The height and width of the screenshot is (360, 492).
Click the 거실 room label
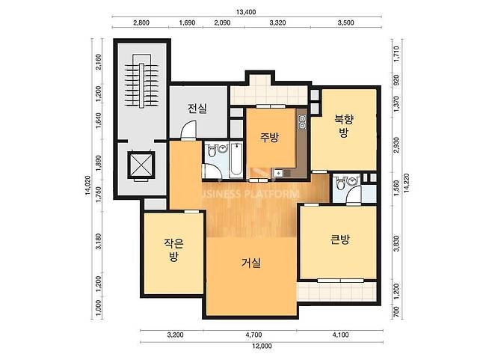coord(251,263)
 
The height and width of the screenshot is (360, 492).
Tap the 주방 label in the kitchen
coord(269,137)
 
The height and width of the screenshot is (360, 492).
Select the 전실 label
coord(197,109)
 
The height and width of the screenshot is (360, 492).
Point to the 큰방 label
coord(339,240)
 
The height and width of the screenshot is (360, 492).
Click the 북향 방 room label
coord(344,126)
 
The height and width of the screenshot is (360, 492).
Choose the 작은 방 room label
coord(173,250)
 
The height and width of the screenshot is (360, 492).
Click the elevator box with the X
coord(141,165)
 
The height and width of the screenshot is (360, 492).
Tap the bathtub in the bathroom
coord(236,159)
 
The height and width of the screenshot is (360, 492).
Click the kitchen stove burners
coord(303,122)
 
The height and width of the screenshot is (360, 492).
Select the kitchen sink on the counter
coord(278,173)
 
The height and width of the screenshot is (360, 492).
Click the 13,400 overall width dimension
coord(246,12)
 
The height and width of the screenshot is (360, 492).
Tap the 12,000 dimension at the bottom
coord(262,346)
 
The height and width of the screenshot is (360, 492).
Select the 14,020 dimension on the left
coord(88,186)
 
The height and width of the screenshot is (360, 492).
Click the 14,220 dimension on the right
coord(407,183)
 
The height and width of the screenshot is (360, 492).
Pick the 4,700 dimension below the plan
coord(253,335)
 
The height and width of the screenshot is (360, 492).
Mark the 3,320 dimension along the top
coord(277,22)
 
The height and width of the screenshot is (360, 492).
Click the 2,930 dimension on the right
coord(396,144)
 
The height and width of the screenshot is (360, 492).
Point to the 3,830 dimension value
coord(396,243)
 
